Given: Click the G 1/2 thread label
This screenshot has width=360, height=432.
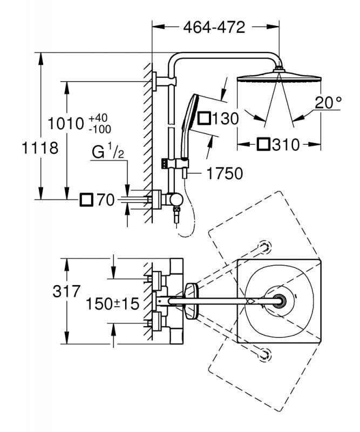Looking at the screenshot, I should click(x=108, y=153).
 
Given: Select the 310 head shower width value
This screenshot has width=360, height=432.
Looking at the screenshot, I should click(x=287, y=144).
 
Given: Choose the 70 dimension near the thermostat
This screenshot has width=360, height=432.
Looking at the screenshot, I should click(x=104, y=200).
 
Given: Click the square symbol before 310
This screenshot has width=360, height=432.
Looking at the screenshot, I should click(x=264, y=144).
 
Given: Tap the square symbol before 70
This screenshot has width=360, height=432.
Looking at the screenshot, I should click(x=86, y=200).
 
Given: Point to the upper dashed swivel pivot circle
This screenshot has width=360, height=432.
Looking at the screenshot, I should click(x=264, y=247).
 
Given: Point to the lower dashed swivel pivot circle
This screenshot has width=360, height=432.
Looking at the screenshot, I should click(x=264, y=354).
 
